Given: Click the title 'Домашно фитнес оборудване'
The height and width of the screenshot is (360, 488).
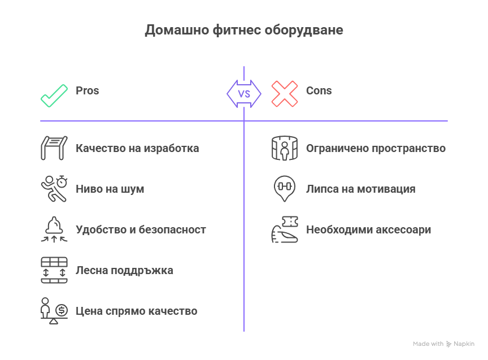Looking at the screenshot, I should (244, 31).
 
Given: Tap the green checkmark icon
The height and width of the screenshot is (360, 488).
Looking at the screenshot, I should (54, 94).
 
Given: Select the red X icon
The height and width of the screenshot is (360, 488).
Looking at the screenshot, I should (285, 94).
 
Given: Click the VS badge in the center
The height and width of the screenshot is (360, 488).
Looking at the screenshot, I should (244, 94).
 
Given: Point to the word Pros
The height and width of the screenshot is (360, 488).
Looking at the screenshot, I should (88, 90).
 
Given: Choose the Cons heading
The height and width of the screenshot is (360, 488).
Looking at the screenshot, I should (319, 90).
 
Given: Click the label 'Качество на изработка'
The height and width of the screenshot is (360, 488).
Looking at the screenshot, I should (137, 149).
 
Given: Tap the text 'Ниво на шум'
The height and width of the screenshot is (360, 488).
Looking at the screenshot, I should (110, 189).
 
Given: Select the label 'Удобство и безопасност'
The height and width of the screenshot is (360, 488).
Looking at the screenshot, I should (141, 230).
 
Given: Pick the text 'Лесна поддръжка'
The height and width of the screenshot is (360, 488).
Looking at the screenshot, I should (124, 271).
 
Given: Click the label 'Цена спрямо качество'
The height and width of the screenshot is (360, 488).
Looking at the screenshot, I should (136, 311).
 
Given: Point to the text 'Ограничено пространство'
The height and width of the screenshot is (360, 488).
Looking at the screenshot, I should (376, 149).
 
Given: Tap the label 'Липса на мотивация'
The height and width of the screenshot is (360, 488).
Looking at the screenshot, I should (360, 189).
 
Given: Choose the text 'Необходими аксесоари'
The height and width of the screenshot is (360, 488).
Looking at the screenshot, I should (368, 230).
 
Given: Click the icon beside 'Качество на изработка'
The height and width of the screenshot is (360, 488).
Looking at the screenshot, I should (54, 148).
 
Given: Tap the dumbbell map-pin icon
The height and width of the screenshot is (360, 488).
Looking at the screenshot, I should (285, 188).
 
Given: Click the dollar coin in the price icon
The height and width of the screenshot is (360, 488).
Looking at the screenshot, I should (62, 310).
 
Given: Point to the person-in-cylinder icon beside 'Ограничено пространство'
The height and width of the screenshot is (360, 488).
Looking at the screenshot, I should (285, 149).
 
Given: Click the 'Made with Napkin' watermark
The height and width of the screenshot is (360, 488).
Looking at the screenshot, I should (443, 344).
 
